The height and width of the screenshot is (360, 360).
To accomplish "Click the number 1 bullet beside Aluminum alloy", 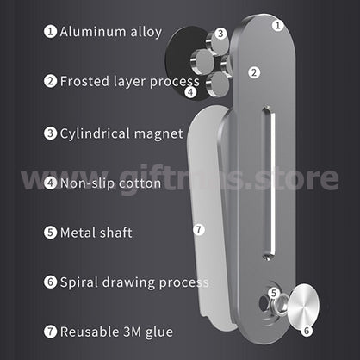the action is click(x=51, y=31).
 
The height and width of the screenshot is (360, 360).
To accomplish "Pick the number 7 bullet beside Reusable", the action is click(x=51, y=332).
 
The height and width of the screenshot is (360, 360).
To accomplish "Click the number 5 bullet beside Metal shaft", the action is click(x=51, y=233).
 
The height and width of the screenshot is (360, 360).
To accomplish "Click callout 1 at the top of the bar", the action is click(x=277, y=26).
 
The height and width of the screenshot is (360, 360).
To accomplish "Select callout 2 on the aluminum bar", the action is click(x=254, y=72).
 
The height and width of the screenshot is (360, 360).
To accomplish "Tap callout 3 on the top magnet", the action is click(x=220, y=34).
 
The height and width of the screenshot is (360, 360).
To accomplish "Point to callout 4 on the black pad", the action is click(x=190, y=92).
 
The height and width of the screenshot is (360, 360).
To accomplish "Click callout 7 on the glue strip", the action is click(x=199, y=229).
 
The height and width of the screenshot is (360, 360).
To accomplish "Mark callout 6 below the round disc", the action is click(x=307, y=331).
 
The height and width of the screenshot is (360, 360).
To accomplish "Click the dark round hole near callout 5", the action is click(x=263, y=302).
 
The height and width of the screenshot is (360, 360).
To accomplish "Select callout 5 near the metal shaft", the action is click(x=274, y=293).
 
